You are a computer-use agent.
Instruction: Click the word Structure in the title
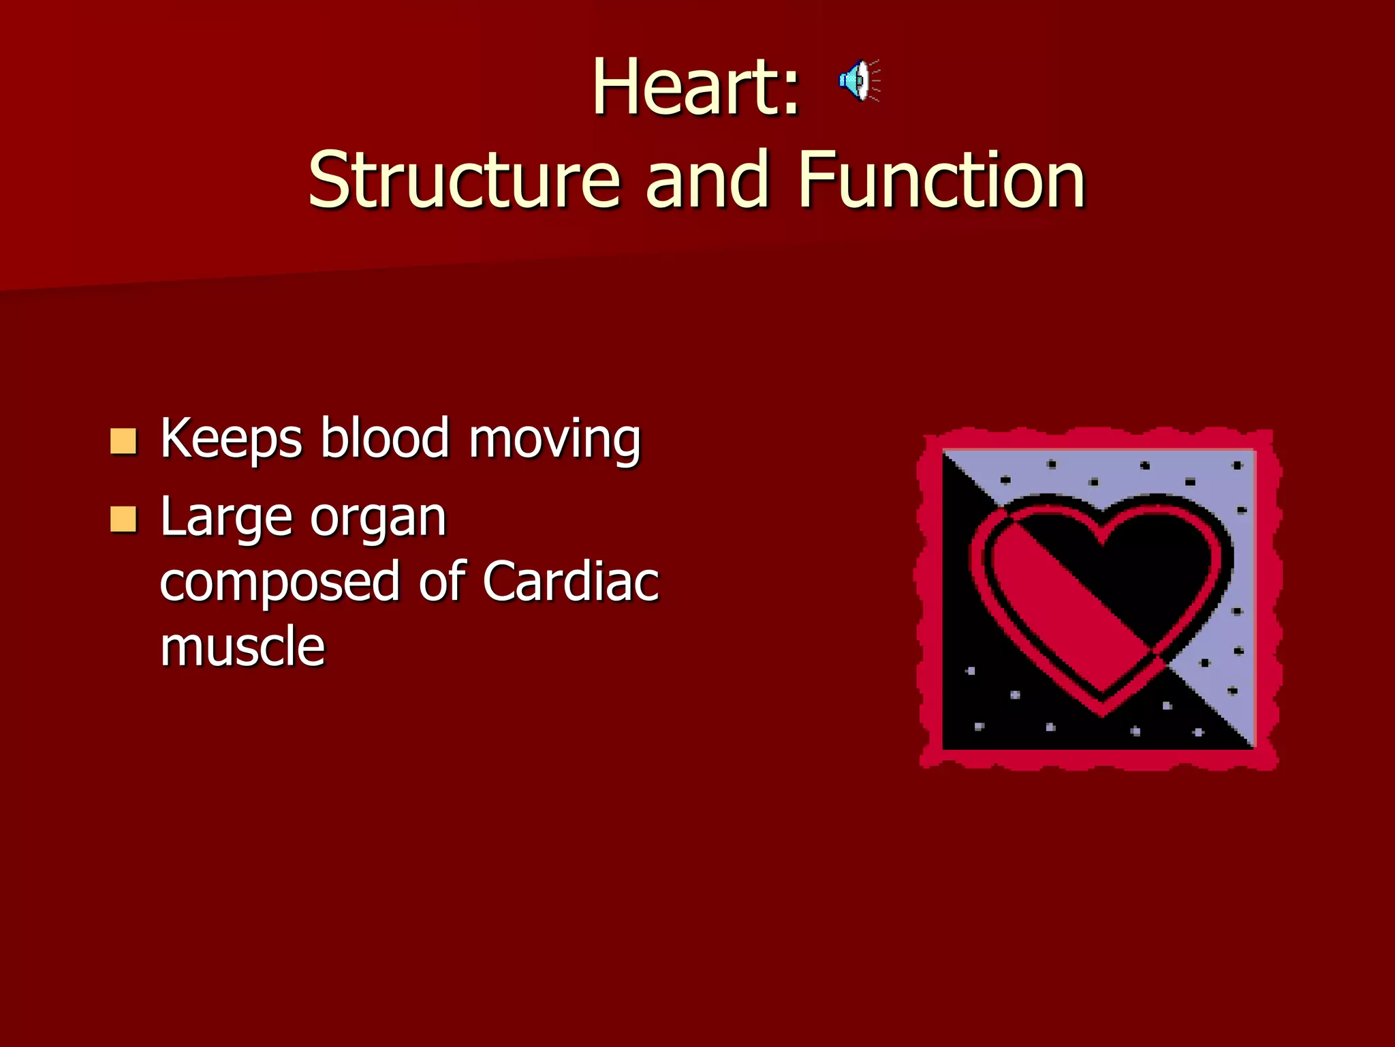[x=464, y=180]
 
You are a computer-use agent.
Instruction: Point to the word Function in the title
[x=941, y=180]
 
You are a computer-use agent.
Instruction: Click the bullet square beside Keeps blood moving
[x=123, y=442]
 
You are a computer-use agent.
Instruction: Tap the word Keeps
[x=231, y=440]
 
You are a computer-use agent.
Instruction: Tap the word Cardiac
[x=571, y=582]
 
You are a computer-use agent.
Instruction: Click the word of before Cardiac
[x=442, y=582]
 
